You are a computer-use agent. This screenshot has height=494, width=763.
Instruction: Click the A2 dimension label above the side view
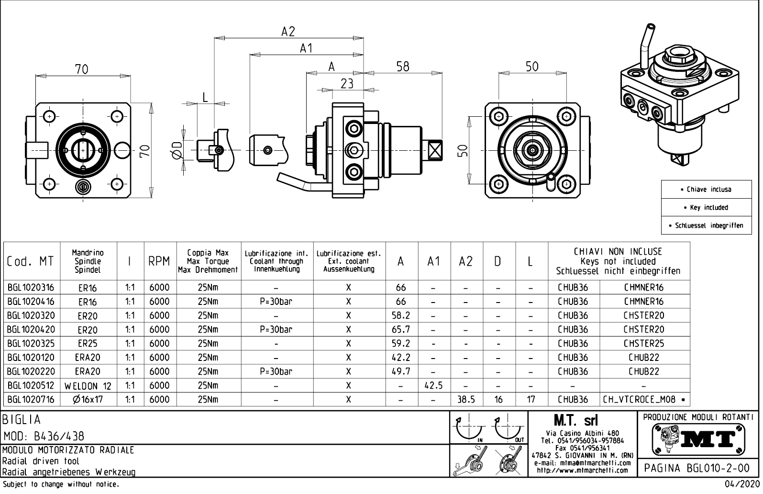coord(288,32)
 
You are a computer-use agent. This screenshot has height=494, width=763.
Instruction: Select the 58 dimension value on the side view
coord(403,67)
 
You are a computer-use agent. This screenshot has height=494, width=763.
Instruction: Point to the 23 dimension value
coord(347,84)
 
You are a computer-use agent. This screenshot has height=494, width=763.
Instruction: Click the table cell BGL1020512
coord(31,385)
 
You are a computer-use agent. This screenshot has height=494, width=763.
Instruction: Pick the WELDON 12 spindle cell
coord(88,386)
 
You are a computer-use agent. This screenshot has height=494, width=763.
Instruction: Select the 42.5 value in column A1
coord(433,385)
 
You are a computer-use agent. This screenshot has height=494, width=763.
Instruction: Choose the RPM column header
coord(159,261)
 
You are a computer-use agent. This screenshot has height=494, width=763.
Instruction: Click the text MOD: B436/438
coord(44,436)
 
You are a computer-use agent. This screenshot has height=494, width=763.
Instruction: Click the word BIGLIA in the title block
coord(22,420)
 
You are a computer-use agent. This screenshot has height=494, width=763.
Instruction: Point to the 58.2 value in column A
coord(401,315)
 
